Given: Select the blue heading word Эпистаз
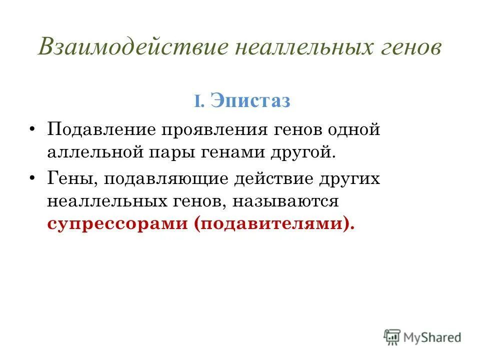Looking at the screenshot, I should pos(250,100).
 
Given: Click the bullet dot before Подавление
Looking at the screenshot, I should pos(32,129).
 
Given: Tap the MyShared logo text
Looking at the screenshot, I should pos(432,337).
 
